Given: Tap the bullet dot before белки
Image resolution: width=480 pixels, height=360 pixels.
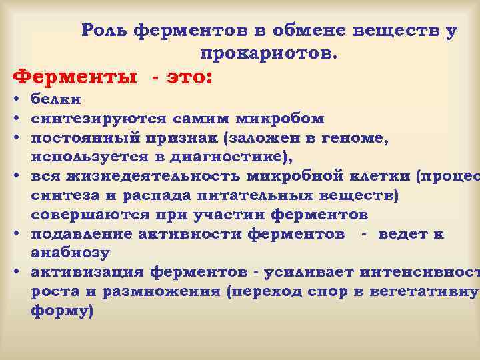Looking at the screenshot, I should (x=15, y=100).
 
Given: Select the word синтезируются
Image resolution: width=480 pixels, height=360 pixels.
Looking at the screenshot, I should (x=100, y=119).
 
